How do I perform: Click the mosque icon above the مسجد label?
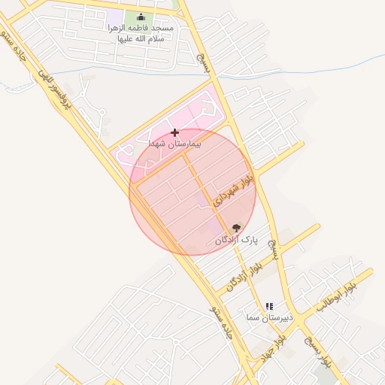click(141, 17)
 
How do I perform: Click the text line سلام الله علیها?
click(141, 39)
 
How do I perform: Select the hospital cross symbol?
click(175, 132)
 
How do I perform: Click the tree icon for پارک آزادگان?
click(236, 228)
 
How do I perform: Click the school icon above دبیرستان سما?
click(269, 306)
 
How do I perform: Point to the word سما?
click(253, 318)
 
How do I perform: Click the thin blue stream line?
click(301, 73)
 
